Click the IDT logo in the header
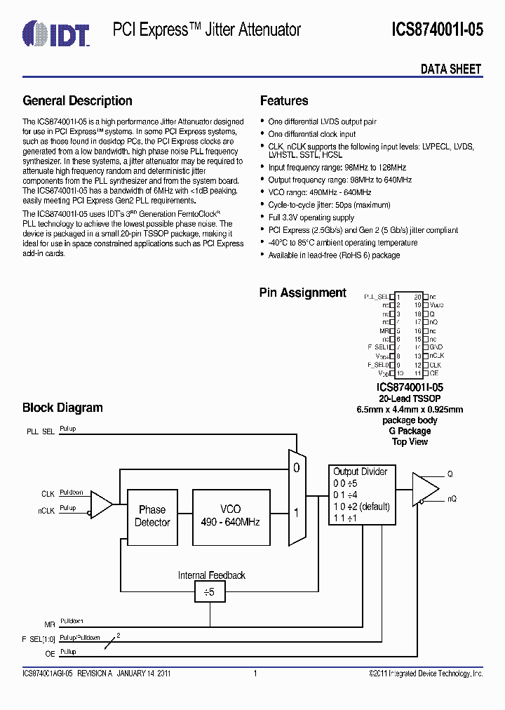coord(55,30)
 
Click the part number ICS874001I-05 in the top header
coord(437,30)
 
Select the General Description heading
coord(77,101)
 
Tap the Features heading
coord(284,101)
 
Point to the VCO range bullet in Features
coord(320,192)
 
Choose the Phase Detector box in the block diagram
coord(152,516)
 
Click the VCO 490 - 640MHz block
coord(230,516)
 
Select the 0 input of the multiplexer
coord(295,467)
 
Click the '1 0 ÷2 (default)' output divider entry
coord(361,507)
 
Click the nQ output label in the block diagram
coord(452,499)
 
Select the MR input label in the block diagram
coord(48,623)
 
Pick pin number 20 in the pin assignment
coord(417,297)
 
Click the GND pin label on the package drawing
coord(436,347)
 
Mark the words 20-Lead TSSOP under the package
coord(410,398)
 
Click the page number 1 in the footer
coord(255,674)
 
